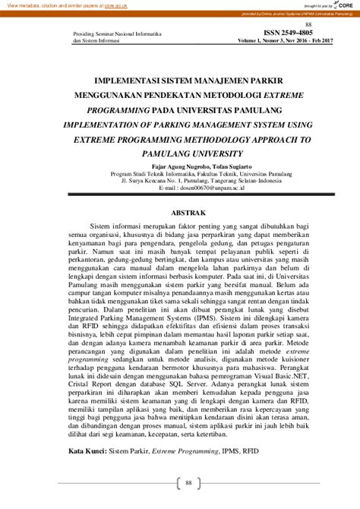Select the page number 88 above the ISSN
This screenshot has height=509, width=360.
point(308,24)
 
